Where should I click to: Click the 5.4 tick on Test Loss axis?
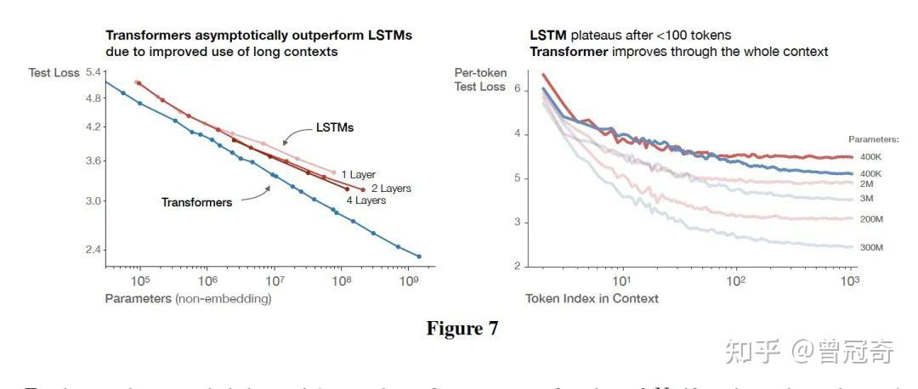(93, 72)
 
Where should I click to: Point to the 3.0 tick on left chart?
(93, 201)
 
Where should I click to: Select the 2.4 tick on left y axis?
(93, 250)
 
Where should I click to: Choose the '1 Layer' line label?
(358, 175)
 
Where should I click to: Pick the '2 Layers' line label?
(391, 188)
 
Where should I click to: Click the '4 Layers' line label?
(365, 200)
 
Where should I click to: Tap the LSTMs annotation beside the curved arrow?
(334, 127)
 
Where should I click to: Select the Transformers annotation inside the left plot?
(196, 202)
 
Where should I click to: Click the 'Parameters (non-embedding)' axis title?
(188, 298)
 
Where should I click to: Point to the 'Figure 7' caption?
(462, 328)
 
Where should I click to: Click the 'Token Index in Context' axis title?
(592, 298)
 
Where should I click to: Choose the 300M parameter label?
(871, 247)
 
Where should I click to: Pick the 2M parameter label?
(867, 183)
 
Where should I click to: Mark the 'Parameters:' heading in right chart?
(873, 138)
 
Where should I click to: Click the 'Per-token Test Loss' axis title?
(480, 80)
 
